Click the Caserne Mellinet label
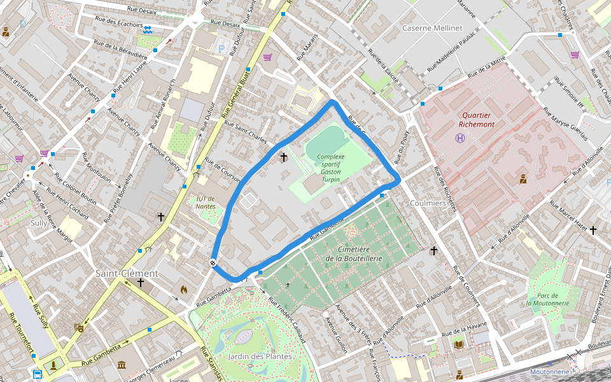432,28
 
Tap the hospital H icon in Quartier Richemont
460,138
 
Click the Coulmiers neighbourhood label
428,203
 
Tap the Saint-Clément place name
127,273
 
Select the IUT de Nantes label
206,202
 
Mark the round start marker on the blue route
213,263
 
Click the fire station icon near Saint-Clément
184,289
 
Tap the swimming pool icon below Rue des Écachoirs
148,30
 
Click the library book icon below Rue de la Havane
458,344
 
